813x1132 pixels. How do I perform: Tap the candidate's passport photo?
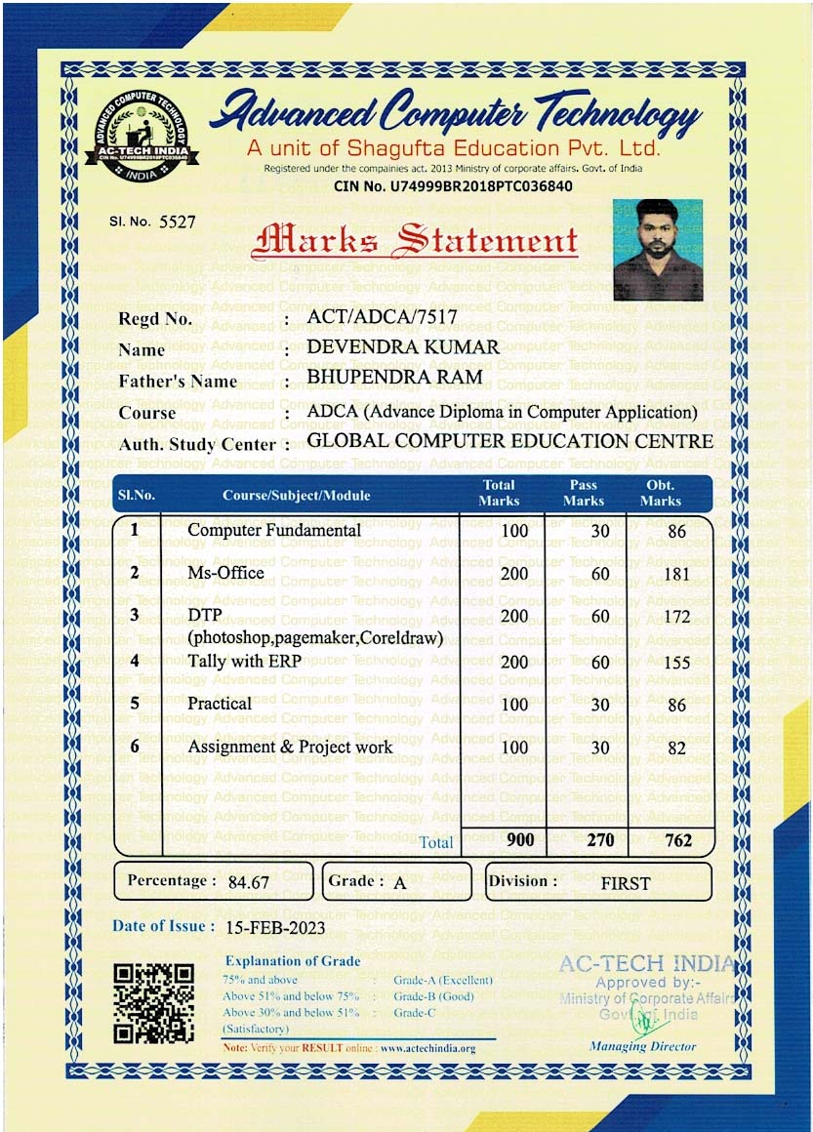click(658, 250)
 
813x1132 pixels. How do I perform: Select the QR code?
click(153, 1003)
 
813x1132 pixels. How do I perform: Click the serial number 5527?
click(178, 222)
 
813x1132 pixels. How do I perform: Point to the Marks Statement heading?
click(414, 240)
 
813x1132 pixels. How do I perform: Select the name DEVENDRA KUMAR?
click(403, 347)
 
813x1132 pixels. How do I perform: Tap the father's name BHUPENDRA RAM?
click(394, 379)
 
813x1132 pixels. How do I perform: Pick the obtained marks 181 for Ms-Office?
click(676, 574)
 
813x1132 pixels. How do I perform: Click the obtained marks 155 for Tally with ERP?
click(676, 663)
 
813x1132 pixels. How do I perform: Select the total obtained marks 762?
click(677, 840)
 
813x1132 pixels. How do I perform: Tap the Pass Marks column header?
click(583, 493)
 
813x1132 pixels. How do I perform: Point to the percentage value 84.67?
click(248, 882)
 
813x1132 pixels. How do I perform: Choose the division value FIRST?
click(625, 883)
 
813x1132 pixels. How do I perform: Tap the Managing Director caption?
click(642, 1046)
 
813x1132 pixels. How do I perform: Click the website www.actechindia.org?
click(427, 1049)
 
